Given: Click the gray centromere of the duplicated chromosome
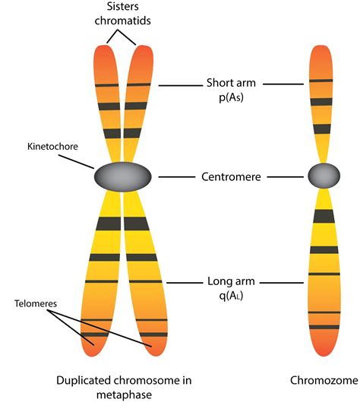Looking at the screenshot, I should click(123, 177).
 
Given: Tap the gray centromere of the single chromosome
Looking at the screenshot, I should click(324, 176).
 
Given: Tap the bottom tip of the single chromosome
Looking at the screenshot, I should click(324, 352).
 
